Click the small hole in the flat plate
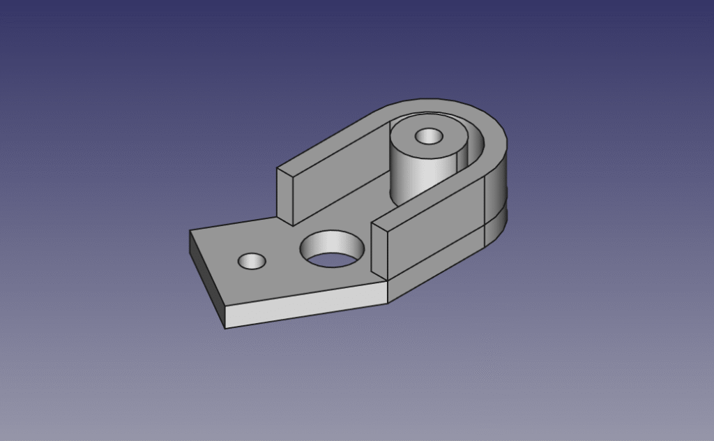point(252,262)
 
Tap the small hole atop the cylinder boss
point(428,136)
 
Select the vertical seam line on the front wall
point(485,209)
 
